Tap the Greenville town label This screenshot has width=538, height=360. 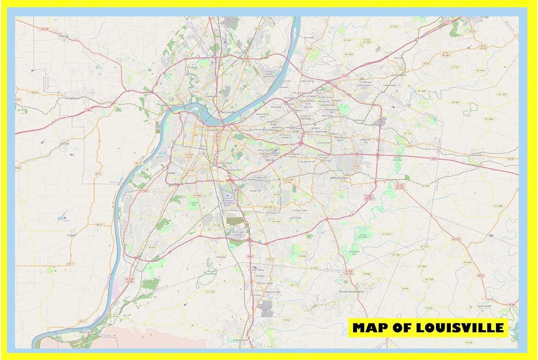[64, 36]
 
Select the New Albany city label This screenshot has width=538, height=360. [170, 105]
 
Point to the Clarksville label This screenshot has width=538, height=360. [211, 96]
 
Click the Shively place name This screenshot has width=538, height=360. [171, 173]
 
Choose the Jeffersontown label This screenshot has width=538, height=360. [339, 178]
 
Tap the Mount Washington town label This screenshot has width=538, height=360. [351, 292]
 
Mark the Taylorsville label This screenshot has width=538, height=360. [484, 306]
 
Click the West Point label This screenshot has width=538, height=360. [86, 332]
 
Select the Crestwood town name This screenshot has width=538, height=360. [399, 75]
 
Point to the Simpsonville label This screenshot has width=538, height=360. [479, 155]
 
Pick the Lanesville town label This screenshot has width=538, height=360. [64, 144]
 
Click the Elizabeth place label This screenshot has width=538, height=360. [72, 235]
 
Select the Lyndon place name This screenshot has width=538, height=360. [315, 128]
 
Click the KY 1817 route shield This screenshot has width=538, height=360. [394, 27]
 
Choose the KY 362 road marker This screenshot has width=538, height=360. [455, 103]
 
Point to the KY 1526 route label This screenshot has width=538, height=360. [211, 292]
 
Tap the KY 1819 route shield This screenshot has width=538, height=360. [386, 234]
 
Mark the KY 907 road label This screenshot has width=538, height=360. [152, 247]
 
